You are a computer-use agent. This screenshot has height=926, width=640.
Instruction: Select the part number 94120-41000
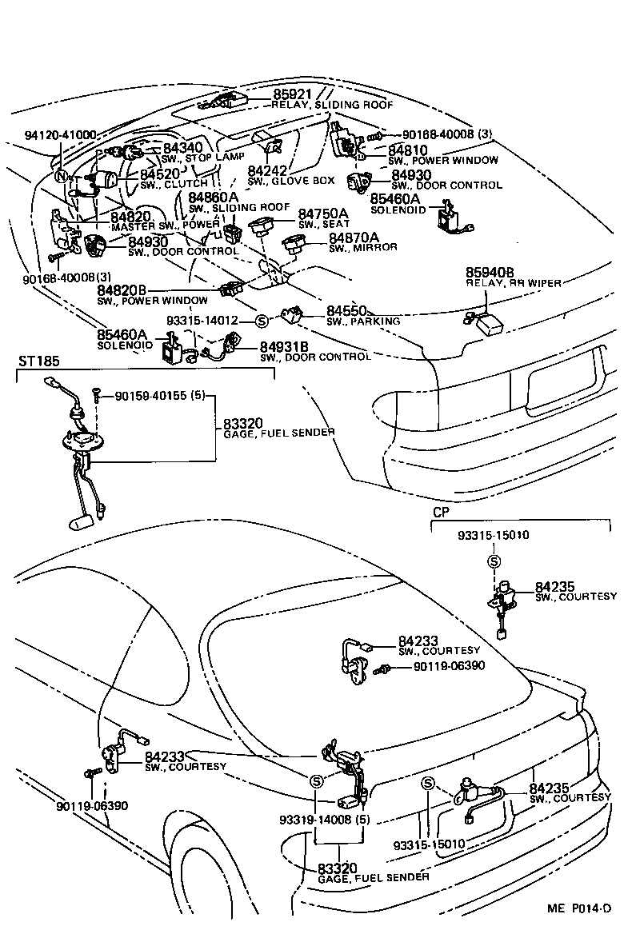tap(60, 134)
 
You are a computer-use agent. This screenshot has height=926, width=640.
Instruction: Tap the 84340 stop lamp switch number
tap(183, 148)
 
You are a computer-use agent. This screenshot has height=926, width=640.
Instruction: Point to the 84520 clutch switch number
tap(160, 174)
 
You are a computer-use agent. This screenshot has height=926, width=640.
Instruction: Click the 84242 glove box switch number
tap(267, 170)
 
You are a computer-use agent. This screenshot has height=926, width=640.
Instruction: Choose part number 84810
tap(408, 150)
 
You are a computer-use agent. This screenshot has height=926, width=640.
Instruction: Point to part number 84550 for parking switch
tap(346, 310)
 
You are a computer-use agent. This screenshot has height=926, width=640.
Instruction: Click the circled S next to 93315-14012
tap(261, 321)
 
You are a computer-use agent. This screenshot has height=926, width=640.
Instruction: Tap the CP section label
tap(441, 510)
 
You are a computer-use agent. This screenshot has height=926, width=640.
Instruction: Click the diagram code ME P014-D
tap(579, 908)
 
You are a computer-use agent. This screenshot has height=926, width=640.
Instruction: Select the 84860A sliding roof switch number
tap(213, 197)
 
